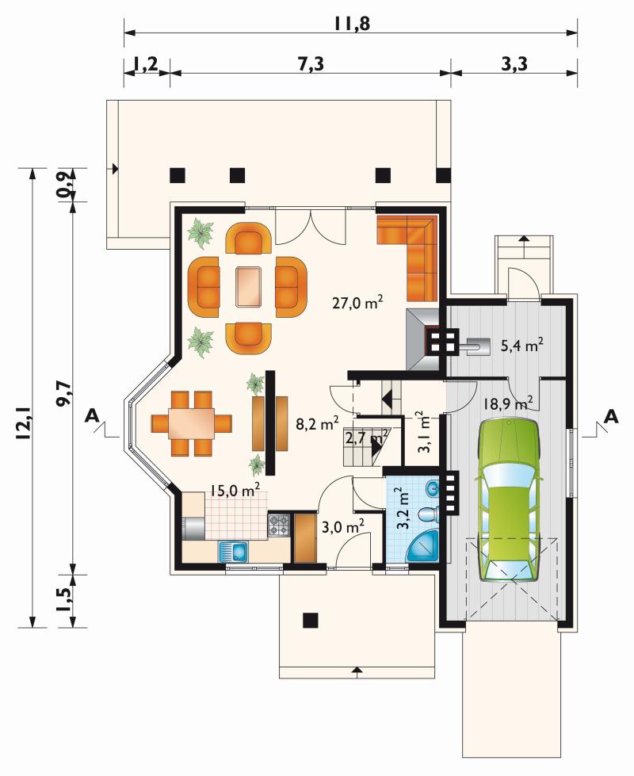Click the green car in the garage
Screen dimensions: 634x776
(x=508, y=500)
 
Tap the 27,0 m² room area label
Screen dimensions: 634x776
(x=357, y=302)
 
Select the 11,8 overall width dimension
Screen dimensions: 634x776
(x=352, y=23)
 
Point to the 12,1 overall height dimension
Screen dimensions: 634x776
(x=23, y=420)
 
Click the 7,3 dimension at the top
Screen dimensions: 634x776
(x=311, y=64)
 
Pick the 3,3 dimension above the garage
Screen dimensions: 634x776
(x=514, y=64)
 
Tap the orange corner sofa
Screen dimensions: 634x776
(x=408, y=258)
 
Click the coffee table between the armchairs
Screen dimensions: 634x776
(x=250, y=287)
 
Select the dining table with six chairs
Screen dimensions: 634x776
(x=191, y=423)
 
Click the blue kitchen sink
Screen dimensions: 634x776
(x=234, y=552)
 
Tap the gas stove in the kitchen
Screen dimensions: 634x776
(x=279, y=525)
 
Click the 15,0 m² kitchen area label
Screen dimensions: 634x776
(x=235, y=491)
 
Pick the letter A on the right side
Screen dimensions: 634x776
(x=612, y=416)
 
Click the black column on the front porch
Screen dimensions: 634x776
(x=311, y=620)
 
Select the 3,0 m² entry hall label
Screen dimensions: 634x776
(x=343, y=526)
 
